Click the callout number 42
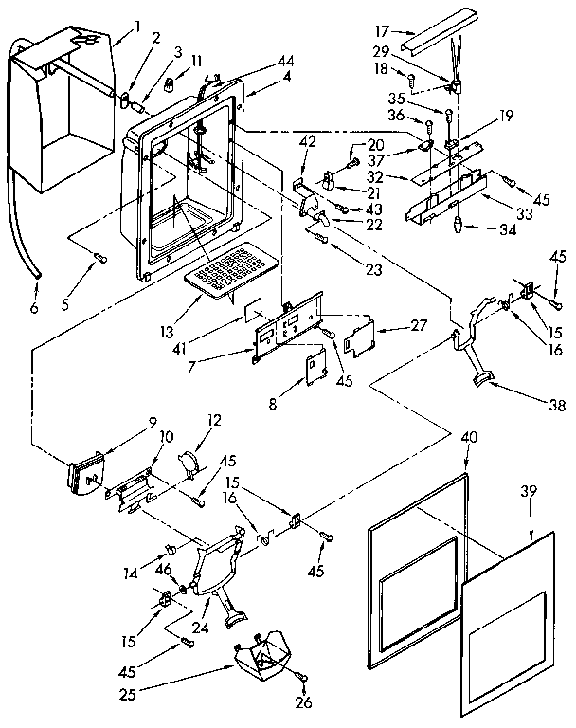pyautogui.click(x=307, y=143)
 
